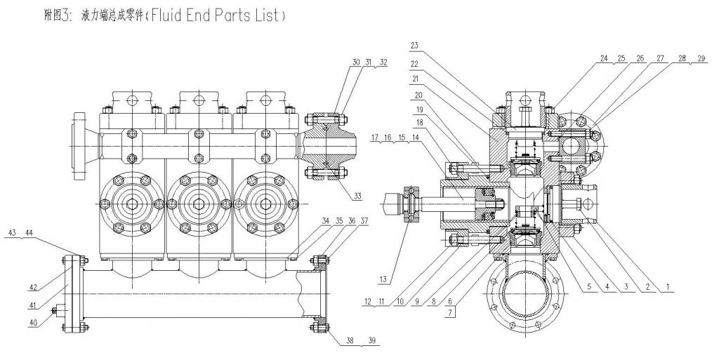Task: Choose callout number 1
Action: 668,286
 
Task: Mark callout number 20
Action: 419,94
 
